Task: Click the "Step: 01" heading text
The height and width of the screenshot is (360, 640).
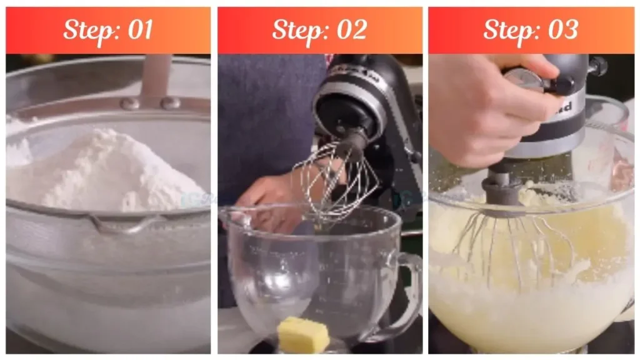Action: pos(108,30)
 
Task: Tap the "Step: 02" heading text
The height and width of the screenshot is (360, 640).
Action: pos(319,30)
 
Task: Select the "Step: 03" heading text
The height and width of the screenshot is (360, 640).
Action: pos(531,30)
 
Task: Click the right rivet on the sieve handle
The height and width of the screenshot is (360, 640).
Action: pos(170,104)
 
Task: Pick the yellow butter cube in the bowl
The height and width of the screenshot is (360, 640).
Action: pos(303,334)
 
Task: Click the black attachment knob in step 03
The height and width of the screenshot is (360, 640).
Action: pos(597,65)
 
